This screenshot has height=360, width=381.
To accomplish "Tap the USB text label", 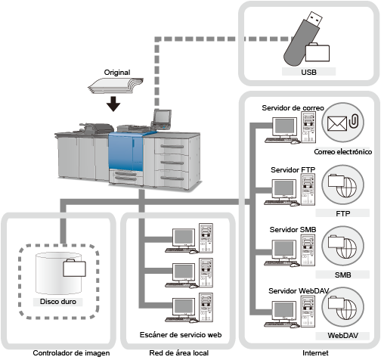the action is point(308,72).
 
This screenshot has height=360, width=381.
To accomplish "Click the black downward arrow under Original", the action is point(113,104).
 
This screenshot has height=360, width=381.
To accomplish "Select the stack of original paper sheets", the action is point(116,86).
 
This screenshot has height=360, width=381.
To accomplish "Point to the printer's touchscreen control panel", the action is point(162,117).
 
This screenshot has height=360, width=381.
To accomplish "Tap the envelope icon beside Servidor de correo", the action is point(337,124).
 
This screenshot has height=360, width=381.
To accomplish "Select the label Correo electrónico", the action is point(342,152).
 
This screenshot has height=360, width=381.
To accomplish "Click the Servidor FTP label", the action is point(293,170).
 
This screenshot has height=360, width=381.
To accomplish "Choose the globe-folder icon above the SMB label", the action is point(342,247).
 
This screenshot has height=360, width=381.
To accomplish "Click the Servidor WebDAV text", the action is point(299,291).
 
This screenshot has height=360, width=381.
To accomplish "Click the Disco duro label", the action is point(58,302).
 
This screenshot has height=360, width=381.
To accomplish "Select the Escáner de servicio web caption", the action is point(181,335).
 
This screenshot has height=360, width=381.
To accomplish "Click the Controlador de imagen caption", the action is point(71,353).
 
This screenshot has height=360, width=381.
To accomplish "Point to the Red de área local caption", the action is point(179,353).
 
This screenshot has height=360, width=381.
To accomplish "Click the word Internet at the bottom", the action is point(315,353).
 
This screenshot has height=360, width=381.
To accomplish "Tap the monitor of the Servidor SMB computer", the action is point(284,249).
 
